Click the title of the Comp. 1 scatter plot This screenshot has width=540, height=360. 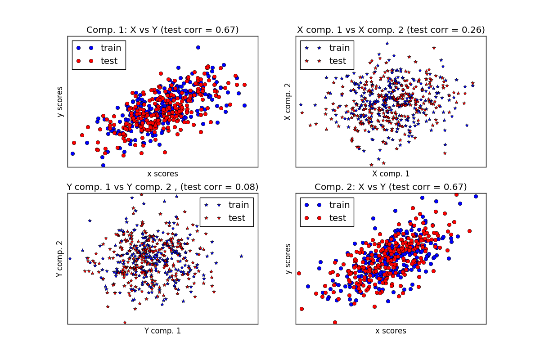pos(162,30)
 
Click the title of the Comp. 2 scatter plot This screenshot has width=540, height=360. pos(391,187)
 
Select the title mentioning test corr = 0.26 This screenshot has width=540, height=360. pos(391,30)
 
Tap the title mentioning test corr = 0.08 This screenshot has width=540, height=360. pos(162,187)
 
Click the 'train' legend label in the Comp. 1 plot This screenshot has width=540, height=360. pos(111,48)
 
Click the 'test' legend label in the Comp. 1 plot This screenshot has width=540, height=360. pos(109,61)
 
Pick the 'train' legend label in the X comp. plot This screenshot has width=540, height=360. pos(339,48)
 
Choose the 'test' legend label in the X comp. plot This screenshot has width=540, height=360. pos(337,61)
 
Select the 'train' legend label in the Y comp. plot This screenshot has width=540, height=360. pos(238,205)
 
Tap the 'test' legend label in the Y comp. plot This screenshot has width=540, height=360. pos(237,218)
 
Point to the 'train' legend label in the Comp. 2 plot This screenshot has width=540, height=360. pos(339,205)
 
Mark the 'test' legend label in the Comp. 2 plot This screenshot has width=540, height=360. pos(337,218)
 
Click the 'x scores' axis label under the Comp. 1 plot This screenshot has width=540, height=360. pos(162,174)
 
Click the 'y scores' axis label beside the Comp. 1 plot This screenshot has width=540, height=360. pos(60,102)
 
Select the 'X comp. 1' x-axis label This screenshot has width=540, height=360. pos(391,174)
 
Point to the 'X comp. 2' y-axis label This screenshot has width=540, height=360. pos(288,102)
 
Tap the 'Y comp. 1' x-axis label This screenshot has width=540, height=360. pos(162,331)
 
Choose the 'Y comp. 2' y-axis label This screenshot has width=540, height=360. pos(60,259)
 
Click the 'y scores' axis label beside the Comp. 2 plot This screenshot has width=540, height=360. pos(288,259)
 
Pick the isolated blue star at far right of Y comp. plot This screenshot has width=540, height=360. pos(241,256)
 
